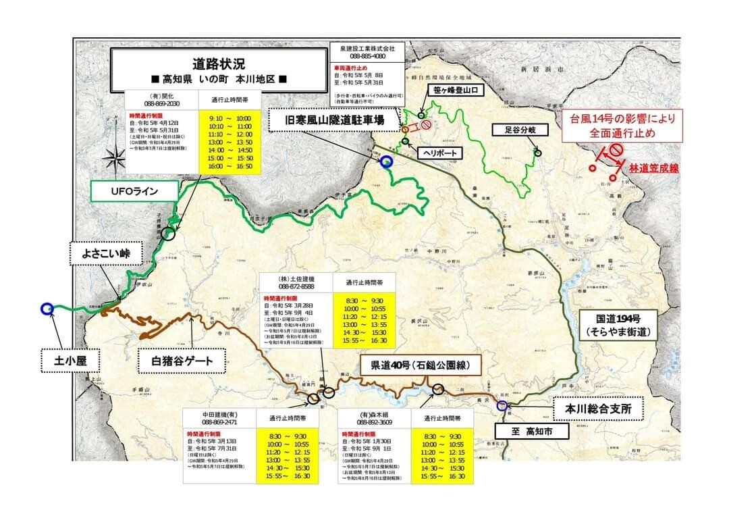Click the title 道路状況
point(220,65)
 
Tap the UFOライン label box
point(134,192)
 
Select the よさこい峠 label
point(107,255)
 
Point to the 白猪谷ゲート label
point(177,361)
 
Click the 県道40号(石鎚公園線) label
point(421,366)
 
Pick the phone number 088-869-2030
point(161,104)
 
